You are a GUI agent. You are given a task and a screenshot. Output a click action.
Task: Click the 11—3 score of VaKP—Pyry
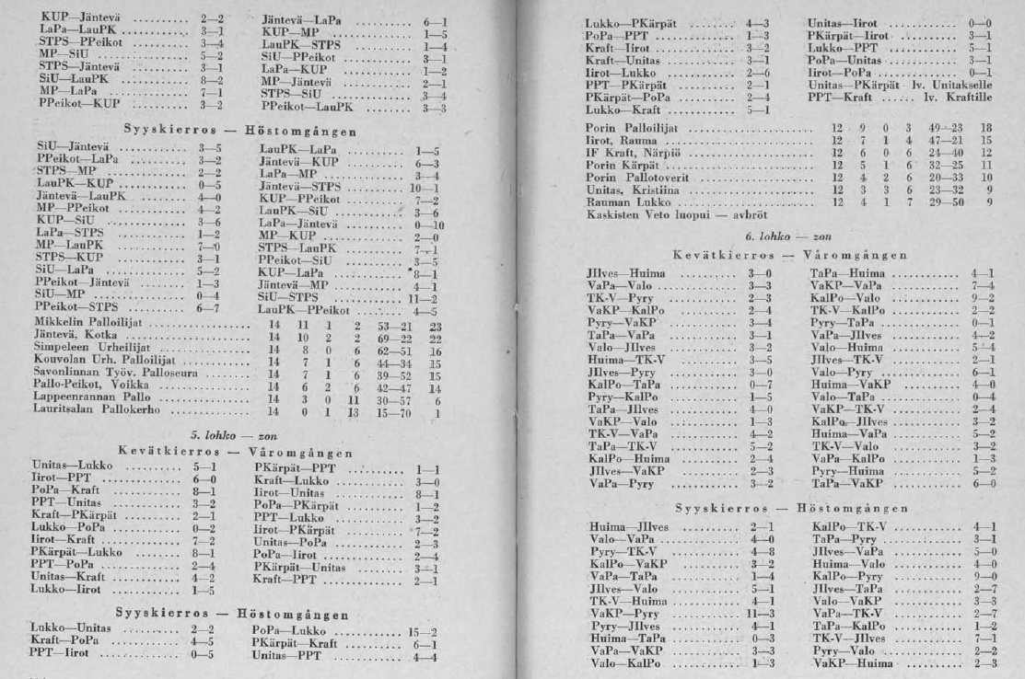click(x=755, y=610)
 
